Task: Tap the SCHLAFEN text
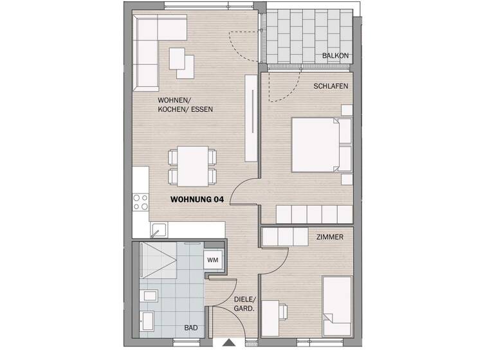click(x=331, y=86)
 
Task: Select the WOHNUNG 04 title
click(x=197, y=200)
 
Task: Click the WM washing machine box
click(x=212, y=260)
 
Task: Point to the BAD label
click(x=190, y=328)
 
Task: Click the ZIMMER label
click(x=329, y=237)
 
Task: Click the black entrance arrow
click(x=228, y=344)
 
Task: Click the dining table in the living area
click(x=192, y=165)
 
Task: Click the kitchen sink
click(x=159, y=228)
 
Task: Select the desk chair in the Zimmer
click(x=282, y=311)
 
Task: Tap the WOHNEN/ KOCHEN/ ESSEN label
click(x=185, y=105)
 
